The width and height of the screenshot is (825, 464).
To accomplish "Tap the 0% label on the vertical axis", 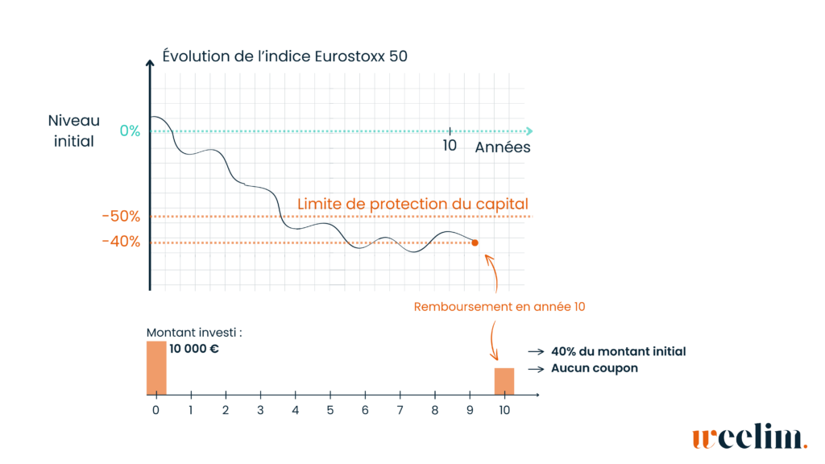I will coord(129,131).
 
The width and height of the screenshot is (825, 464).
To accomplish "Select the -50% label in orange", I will coord(120,217).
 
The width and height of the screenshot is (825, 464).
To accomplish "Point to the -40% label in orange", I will coord(120,242).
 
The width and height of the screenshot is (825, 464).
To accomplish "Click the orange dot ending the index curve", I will coord(475,242).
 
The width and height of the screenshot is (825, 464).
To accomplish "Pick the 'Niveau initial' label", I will coord(73,130).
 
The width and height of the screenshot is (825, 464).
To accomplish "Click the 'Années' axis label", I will coord(503,147).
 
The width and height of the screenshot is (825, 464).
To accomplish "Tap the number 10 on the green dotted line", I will coord(450,146).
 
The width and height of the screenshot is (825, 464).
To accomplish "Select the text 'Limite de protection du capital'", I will coord(412,204).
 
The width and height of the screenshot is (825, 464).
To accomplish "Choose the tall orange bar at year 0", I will coord(156,368).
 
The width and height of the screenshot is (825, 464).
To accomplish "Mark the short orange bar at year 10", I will coord(504,381).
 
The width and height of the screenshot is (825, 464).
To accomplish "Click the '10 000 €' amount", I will coord(194,350).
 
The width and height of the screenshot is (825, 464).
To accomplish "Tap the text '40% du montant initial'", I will coord(619,352).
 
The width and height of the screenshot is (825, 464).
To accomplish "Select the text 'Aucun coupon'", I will coord(595,368).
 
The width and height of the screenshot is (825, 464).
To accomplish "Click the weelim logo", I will coord(749,438).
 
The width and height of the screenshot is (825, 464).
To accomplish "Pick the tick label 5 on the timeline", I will coord(330,410).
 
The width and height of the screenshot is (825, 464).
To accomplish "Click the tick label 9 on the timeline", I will coord(470,410).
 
